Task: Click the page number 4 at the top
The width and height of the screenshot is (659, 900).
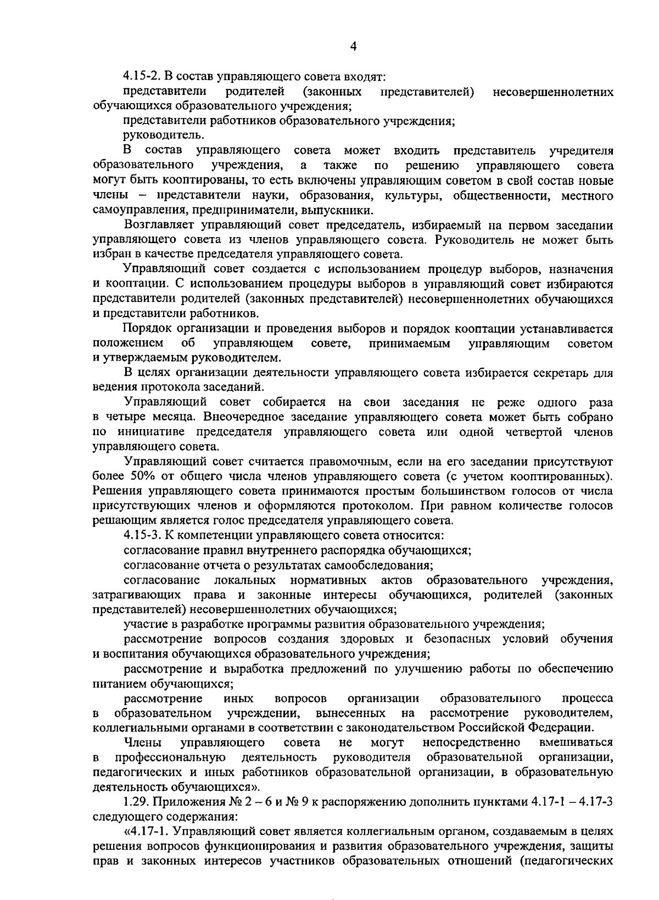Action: pyautogui.click(x=354, y=47)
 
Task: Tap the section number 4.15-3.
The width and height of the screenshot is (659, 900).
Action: pyautogui.click(x=143, y=535)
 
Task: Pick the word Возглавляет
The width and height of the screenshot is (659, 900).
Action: pyautogui.click(x=159, y=225)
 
